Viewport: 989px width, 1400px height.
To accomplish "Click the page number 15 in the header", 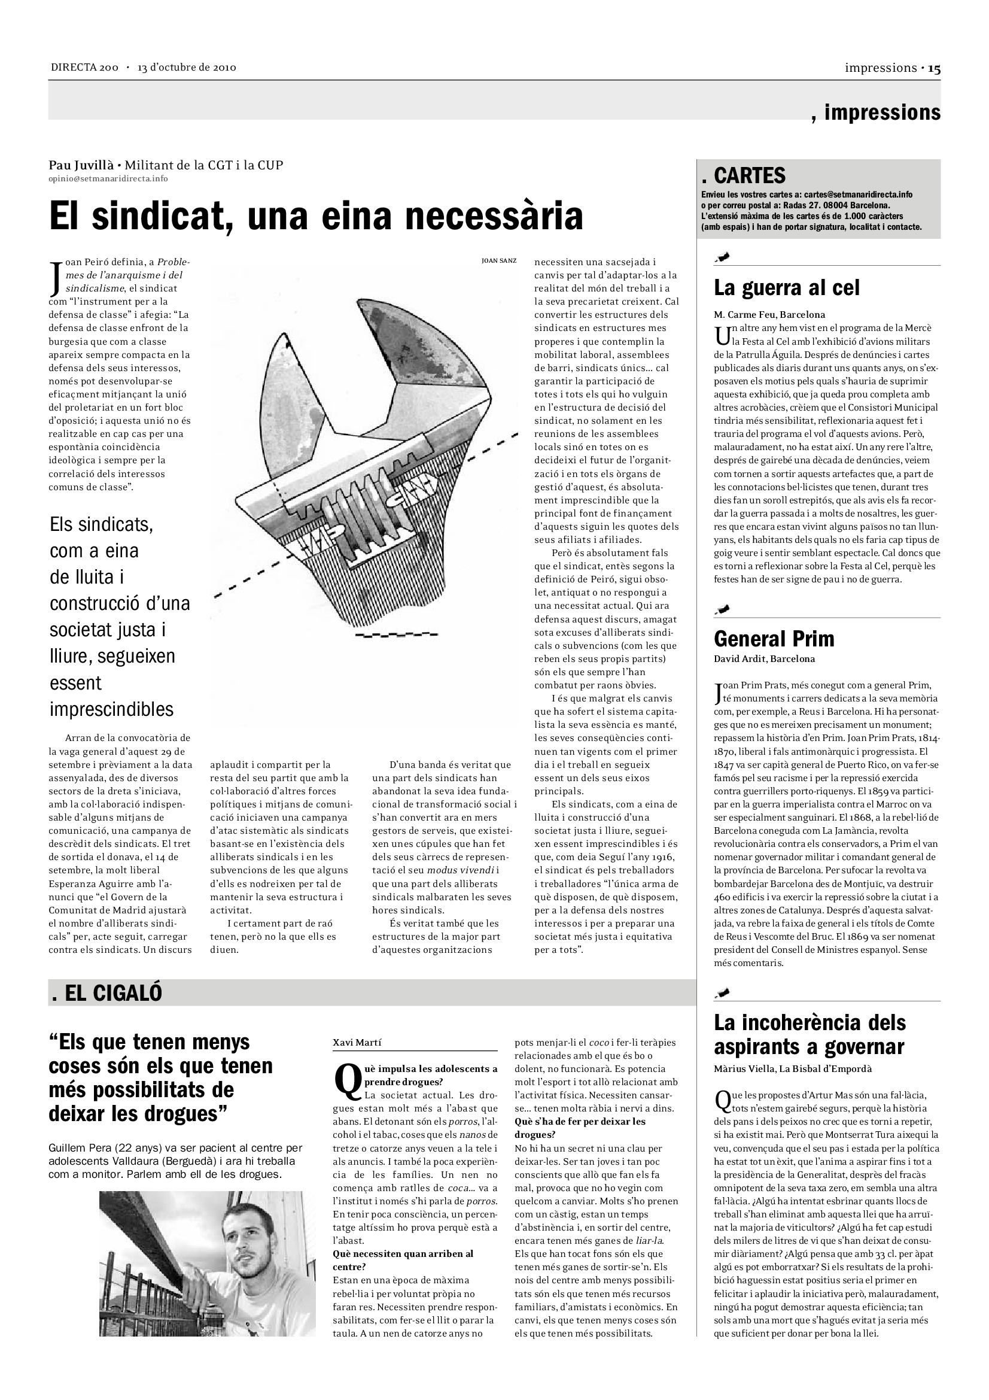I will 934,68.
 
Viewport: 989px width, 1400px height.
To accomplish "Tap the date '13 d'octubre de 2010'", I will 187,68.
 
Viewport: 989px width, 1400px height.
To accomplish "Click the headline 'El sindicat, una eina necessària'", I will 316,215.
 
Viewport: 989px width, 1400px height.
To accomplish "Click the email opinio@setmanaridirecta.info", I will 108,178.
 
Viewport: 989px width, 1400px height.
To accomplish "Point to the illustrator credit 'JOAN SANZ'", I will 498,260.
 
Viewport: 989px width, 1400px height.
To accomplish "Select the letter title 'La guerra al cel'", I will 786,288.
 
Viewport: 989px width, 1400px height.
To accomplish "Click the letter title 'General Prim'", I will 774,639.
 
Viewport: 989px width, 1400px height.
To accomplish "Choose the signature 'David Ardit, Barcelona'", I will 764,659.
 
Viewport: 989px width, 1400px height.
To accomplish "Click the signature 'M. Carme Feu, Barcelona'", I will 769,315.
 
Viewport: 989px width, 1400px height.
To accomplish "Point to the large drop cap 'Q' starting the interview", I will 348,1080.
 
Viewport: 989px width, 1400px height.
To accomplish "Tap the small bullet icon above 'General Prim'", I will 723,609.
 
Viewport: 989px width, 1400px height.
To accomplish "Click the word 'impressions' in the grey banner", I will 882,113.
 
